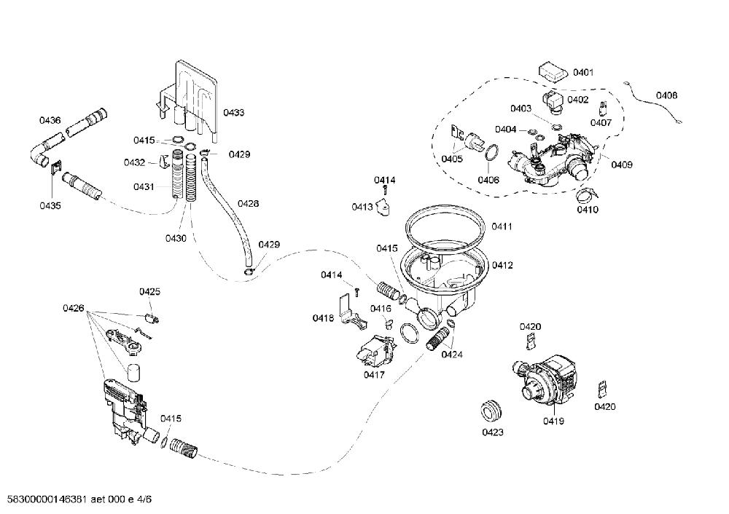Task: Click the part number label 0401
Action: click(x=583, y=72)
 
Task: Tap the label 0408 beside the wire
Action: click(x=667, y=95)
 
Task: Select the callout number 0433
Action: click(x=233, y=112)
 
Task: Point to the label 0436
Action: click(x=50, y=120)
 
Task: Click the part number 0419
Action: click(x=553, y=421)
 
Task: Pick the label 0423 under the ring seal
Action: click(x=492, y=432)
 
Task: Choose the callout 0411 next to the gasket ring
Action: click(x=502, y=226)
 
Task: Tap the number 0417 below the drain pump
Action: click(x=374, y=374)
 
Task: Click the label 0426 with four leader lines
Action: click(x=74, y=308)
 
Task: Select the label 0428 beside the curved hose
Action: click(x=249, y=203)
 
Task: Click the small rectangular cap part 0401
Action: click(x=553, y=72)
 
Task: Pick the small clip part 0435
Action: click(x=56, y=167)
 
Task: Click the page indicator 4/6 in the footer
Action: click(x=145, y=499)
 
